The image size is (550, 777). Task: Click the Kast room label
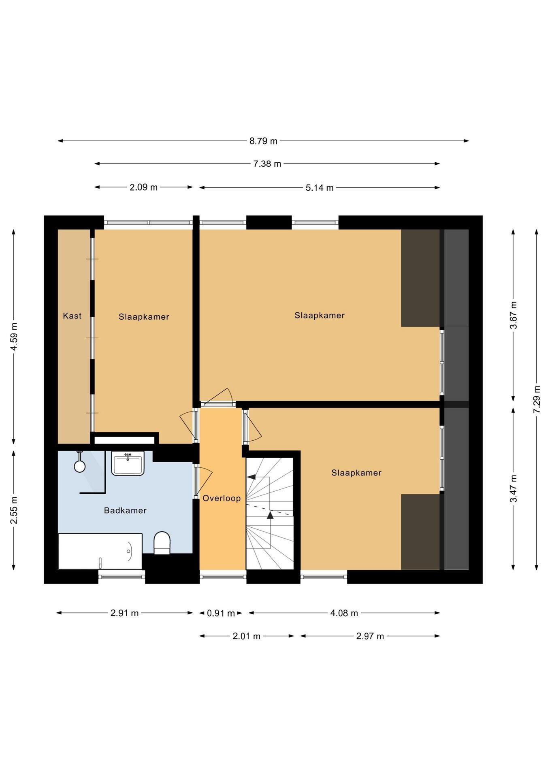click(x=72, y=316)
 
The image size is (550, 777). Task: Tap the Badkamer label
click(x=125, y=510)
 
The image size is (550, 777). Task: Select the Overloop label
click(x=222, y=498)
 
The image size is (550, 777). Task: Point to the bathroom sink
click(x=128, y=463)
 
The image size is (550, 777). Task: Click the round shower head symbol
click(x=80, y=466)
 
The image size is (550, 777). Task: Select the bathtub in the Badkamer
click(x=100, y=551)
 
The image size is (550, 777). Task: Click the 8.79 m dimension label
click(x=263, y=141)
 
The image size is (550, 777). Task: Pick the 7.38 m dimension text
click(x=267, y=164)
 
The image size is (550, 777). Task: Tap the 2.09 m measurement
click(x=143, y=187)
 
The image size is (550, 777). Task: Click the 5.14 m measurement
click(x=320, y=188)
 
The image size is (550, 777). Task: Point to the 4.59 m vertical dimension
click(x=14, y=337)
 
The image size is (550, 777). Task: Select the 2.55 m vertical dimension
click(x=14, y=510)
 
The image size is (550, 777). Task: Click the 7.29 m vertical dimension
click(x=537, y=399)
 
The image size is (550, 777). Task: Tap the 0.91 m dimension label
click(x=221, y=614)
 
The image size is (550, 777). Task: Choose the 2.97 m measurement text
click(x=370, y=636)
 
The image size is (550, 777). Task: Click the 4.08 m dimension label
click(x=344, y=613)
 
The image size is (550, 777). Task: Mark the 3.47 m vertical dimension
click(x=514, y=488)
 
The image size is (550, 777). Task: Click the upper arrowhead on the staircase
click(x=252, y=477)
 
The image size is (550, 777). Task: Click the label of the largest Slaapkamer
click(x=320, y=315)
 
